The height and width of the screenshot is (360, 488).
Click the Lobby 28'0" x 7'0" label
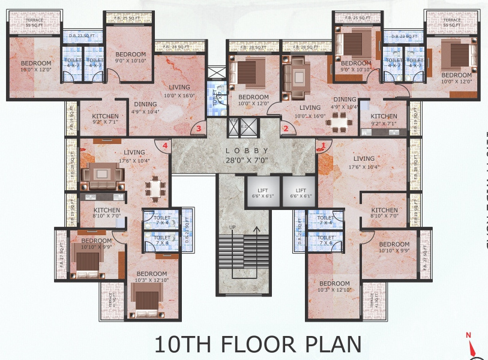click(244, 154)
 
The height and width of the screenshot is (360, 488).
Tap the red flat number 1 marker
click(323, 145)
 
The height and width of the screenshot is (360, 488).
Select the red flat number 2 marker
click(286, 128)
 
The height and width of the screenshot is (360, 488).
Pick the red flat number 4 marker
click(164, 145)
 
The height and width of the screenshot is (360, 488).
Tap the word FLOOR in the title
click(258, 344)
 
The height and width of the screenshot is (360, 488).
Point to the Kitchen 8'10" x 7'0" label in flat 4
click(107, 213)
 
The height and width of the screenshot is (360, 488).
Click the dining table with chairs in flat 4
click(155, 188)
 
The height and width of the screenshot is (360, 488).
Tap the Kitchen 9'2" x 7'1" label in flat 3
click(105, 119)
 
